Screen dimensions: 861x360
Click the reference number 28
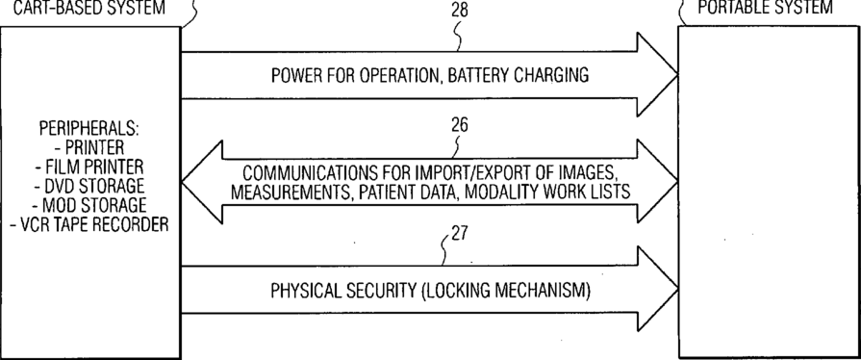460,11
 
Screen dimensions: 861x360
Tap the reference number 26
460,125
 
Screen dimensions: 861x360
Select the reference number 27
460,234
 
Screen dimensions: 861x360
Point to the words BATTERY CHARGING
519,75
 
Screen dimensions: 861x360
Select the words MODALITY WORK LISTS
572,193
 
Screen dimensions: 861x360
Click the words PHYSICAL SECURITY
343,291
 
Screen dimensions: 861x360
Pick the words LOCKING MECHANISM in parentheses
506,291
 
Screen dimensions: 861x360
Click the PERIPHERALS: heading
89,129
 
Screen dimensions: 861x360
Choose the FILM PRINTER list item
89,167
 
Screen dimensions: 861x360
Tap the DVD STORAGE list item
89,186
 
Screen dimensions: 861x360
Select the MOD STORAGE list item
89,205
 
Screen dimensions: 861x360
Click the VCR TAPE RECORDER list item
89,224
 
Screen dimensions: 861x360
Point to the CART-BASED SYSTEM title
89,8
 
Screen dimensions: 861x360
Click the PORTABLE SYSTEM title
765,7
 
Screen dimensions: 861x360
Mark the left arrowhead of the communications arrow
202,182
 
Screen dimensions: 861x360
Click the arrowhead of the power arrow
657,75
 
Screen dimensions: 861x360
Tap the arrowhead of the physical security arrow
657,289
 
